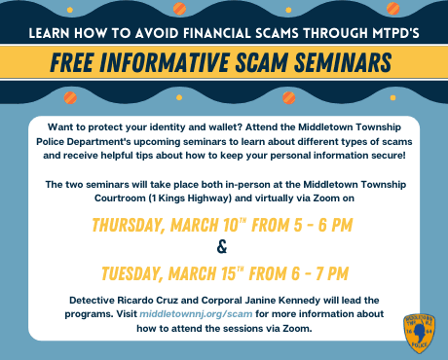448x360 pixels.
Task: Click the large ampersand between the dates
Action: tap(223, 247)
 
